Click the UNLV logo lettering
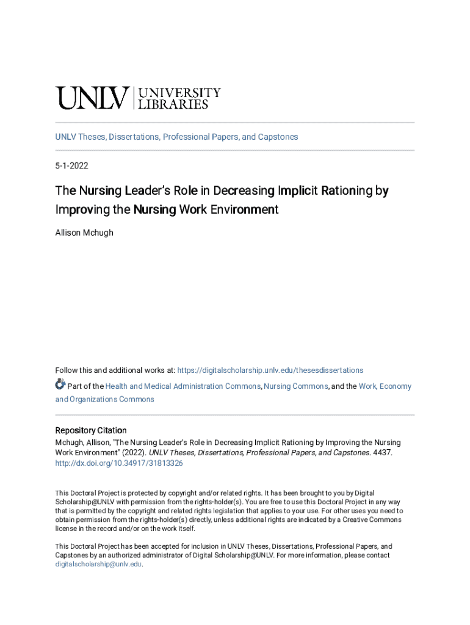click(92, 98)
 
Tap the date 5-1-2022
click(72, 165)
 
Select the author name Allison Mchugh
click(84, 233)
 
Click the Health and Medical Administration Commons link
click(183, 386)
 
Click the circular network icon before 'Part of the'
click(60, 385)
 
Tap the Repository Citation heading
click(91, 430)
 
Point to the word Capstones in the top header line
click(278, 137)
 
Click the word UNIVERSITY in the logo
click(180, 93)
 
